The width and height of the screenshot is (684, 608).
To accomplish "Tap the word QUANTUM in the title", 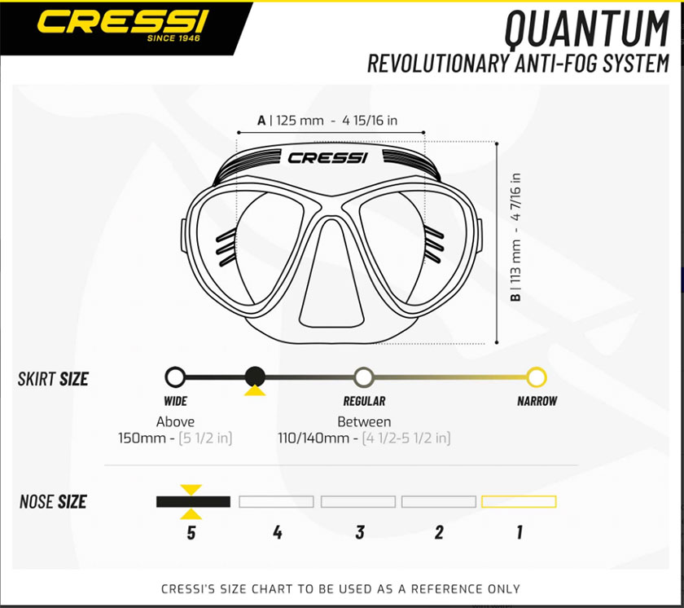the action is coord(587,29).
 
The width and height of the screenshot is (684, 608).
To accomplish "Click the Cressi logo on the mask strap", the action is coord(327,157).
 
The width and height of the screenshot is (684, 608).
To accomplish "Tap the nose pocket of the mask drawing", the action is coord(332,274).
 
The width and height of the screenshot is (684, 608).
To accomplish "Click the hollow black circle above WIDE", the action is coord(175,377).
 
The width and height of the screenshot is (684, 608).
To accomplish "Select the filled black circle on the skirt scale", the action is coord(255,377).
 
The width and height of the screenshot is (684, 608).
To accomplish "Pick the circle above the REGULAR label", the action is coord(364,377).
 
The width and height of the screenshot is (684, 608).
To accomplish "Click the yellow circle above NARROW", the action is coord(537,377).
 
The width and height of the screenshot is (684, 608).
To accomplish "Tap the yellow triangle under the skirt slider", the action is coord(255,390).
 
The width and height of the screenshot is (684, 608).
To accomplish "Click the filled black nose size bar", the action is coord(193,502).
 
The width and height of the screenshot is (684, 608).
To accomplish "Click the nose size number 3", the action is coord(360,532).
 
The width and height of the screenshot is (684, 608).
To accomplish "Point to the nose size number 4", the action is coord(278,532).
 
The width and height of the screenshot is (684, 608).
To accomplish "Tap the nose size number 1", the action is coord(520,532).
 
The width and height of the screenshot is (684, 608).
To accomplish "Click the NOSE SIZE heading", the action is coord(53,502).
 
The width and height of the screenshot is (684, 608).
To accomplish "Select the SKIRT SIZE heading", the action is coord(53,379).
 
